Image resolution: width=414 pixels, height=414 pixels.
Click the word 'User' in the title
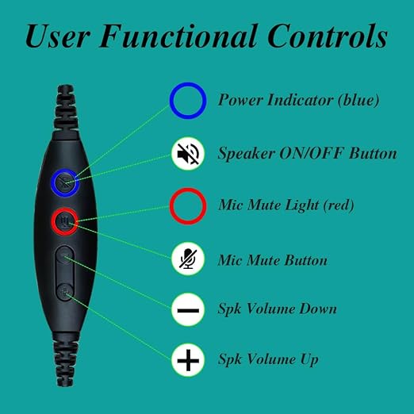pyautogui.click(x=58, y=36)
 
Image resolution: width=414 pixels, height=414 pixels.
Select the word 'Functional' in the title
pyautogui.click(x=178, y=36)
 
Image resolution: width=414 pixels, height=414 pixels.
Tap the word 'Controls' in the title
pyautogui.click(x=328, y=36)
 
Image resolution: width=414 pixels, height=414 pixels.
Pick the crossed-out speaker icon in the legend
pyautogui.click(x=188, y=154)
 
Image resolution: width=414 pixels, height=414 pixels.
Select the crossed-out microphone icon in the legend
pyautogui.click(x=188, y=259)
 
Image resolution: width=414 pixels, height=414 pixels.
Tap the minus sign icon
pyautogui.click(x=188, y=310)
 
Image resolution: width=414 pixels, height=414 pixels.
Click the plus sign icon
pyautogui.click(x=188, y=360)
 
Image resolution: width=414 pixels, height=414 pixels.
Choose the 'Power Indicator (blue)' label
pyautogui.click(x=298, y=100)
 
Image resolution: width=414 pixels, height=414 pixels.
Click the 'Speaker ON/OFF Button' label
pyautogui.click(x=307, y=154)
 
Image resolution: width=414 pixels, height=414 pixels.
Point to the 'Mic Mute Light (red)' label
pyautogui.click(x=286, y=205)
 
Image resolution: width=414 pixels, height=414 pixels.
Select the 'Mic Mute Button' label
pyautogui.click(x=273, y=260)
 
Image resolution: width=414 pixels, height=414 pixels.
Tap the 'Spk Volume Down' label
pyautogui.click(x=277, y=309)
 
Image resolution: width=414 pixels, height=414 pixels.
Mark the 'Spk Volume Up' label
pyautogui.click(x=268, y=359)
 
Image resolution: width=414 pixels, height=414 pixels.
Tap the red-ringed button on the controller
pyautogui.click(x=65, y=221)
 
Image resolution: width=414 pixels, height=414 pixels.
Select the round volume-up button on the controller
pyautogui.click(x=65, y=292)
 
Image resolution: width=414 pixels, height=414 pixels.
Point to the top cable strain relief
pyautogui.click(x=66, y=109)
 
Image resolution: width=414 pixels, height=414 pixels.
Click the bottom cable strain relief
pyautogui.click(x=65, y=359)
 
